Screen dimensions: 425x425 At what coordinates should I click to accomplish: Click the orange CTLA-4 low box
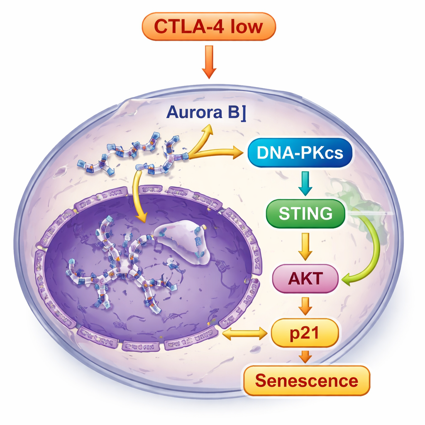[x=208, y=26]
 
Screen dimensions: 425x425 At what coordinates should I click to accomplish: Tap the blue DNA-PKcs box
[x=300, y=153]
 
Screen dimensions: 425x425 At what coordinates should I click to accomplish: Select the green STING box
[x=305, y=213]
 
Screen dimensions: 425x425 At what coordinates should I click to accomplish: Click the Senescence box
[x=306, y=380]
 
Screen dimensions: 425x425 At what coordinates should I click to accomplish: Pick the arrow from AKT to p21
[x=305, y=305]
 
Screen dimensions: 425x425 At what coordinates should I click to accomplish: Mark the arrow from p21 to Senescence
[x=305, y=356]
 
